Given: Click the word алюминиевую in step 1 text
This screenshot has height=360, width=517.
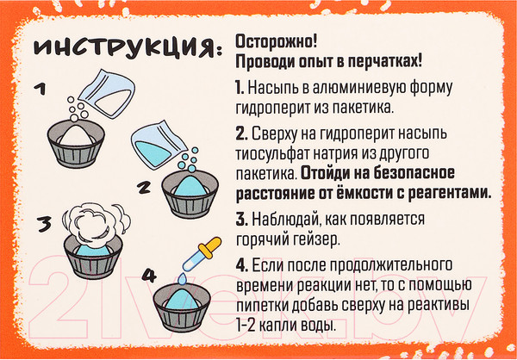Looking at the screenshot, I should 333,89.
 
